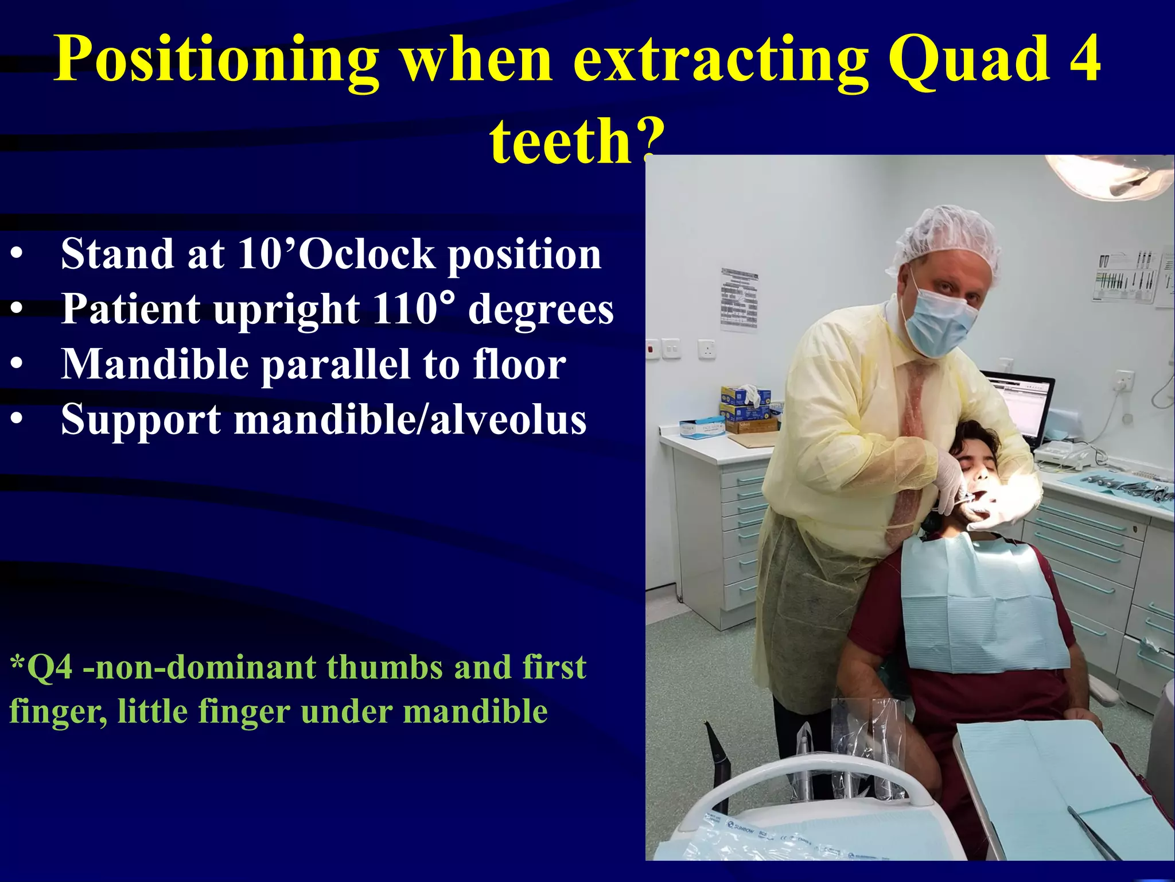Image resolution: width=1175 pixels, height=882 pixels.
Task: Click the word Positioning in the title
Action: (216, 60)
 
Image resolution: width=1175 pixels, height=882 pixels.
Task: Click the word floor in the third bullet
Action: (519, 364)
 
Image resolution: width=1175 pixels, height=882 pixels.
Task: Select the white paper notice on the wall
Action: (739, 299)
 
